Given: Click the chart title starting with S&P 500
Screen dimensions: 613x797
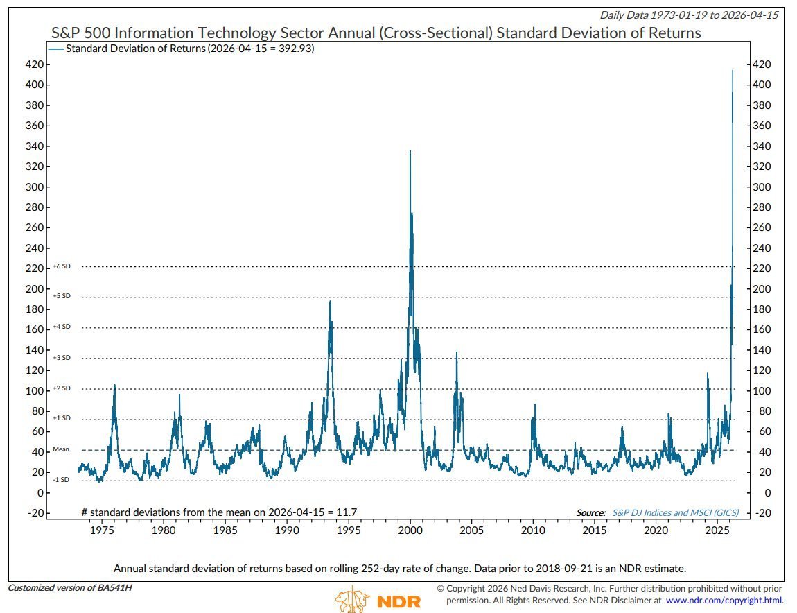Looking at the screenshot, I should [x=376, y=33].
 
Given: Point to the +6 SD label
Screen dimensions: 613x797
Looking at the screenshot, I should [x=62, y=266].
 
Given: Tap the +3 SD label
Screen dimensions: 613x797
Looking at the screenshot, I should [x=62, y=358].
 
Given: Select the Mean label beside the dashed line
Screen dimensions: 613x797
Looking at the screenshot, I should [x=61, y=449].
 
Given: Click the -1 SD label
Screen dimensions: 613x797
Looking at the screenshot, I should [x=61, y=480].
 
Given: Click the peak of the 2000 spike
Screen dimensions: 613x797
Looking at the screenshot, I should [x=410, y=151].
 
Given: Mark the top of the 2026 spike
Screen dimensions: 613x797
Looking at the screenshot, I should [x=733, y=71].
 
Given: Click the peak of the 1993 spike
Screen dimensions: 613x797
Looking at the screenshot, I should [x=330, y=301].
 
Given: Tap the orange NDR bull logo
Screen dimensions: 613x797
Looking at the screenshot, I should [x=353, y=599].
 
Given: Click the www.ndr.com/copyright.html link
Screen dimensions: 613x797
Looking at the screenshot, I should [x=725, y=600].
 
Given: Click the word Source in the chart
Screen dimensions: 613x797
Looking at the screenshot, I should [x=591, y=513].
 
